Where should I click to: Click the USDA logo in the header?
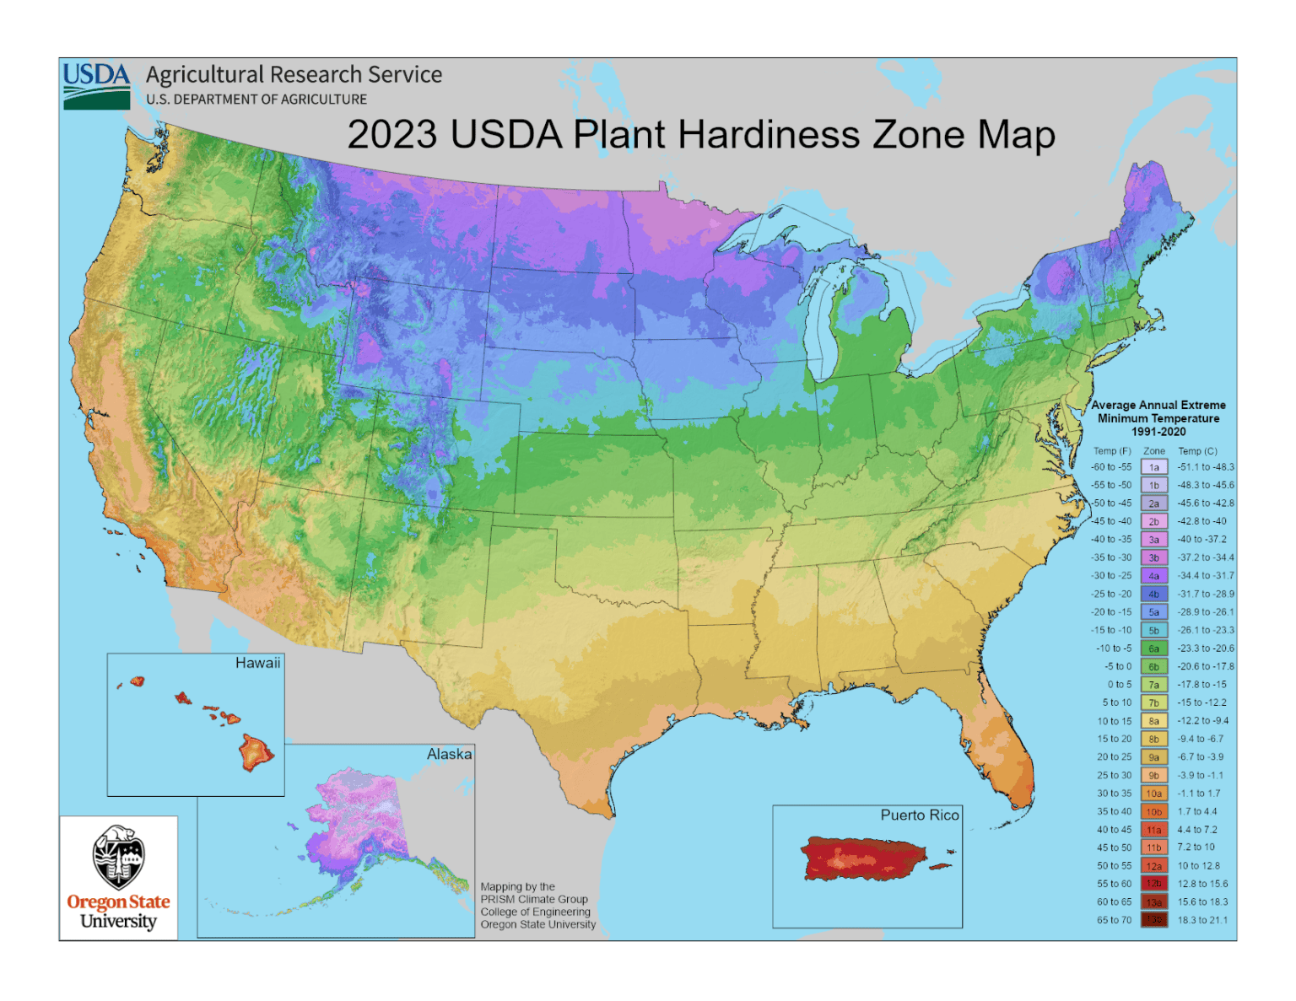pyautogui.click(x=96, y=85)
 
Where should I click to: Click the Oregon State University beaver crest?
pyautogui.click(x=118, y=856)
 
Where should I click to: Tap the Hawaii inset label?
pyautogui.click(x=257, y=663)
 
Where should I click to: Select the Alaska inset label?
pyautogui.click(x=449, y=754)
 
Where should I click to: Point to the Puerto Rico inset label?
pyautogui.click(x=920, y=815)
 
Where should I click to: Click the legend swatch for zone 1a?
pyautogui.click(x=1153, y=467)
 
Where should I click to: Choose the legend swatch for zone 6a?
pyautogui.click(x=1153, y=648)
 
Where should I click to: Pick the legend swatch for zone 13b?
pyautogui.click(x=1153, y=920)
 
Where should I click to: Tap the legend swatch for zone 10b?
pyautogui.click(x=1153, y=811)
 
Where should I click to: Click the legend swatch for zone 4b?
pyautogui.click(x=1153, y=594)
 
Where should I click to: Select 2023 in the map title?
pyautogui.click(x=392, y=135)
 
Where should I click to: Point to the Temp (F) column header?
pyautogui.click(x=1112, y=451)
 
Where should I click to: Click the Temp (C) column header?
pyautogui.click(x=1197, y=451)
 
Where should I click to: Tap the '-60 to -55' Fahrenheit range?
pyautogui.click(x=1111, y=467)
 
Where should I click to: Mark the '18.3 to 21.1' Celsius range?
pyautogui.click(x=1202, y=920)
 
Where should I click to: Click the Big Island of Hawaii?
pyautogui.click(x=256, y=751)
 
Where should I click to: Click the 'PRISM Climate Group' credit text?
pyautogui.click(x=534, y=899)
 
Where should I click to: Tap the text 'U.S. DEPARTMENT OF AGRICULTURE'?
pyautogui.click(x=256, y=100)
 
